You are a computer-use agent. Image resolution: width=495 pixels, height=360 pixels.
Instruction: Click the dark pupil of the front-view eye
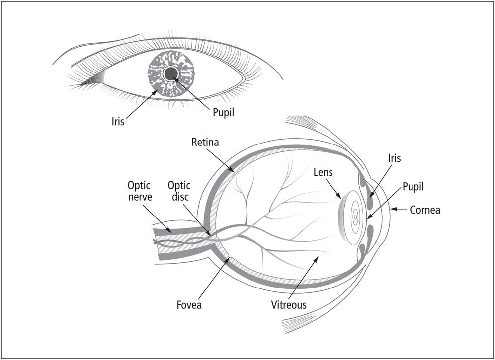[x=171, y=73]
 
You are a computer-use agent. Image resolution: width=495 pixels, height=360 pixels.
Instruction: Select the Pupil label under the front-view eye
[x=224, y=113]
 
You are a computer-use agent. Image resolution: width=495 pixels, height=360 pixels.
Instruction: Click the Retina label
[x=205, y=142]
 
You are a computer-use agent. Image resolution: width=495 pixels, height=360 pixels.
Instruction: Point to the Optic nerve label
[x=140, y=191]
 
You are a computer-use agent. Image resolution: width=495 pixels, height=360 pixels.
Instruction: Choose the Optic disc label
[x=179, y=191]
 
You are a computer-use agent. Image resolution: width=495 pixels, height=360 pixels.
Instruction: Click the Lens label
[x=323, y=172]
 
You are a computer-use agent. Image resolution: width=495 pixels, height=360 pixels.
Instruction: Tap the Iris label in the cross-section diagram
[x=394, y=158]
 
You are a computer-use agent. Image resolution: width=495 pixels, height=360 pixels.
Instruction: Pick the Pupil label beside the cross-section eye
[x=413, y=187]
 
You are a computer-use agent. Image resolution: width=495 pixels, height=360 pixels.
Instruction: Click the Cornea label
[x=425, y=210]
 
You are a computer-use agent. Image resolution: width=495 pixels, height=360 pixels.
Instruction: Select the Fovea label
[x=189, y=305]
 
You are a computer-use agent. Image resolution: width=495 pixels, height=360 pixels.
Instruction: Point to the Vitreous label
[x=289, y=305]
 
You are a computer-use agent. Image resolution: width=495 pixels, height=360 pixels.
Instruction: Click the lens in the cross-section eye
[x=350, y=217]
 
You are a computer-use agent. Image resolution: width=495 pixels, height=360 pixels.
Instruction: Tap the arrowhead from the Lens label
[x=340, y=198]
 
